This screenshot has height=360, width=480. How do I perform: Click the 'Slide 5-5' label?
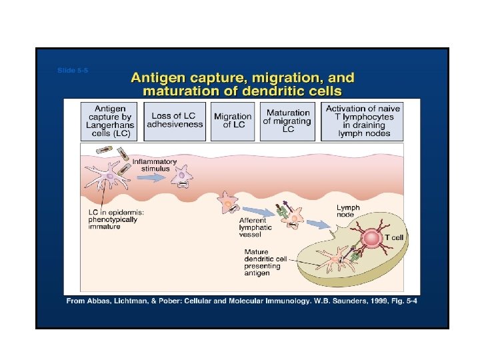(73, 70)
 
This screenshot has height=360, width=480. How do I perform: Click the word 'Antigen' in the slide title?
(158, 78)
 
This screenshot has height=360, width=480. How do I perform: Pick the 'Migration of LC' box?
(233, 121)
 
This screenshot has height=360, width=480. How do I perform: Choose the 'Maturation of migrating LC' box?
(287, 121)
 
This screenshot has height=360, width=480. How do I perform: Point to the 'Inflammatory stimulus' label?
(155, 165)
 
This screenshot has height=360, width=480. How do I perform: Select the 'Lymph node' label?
(347, 211)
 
